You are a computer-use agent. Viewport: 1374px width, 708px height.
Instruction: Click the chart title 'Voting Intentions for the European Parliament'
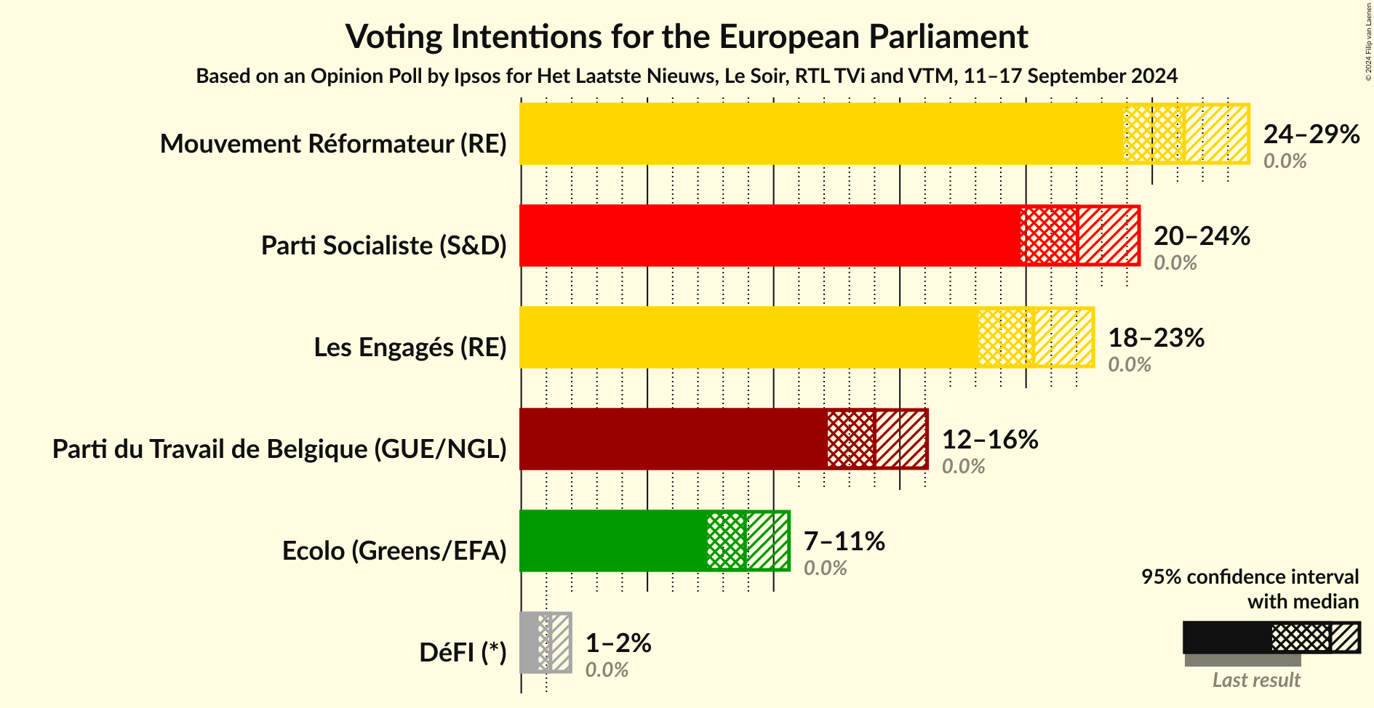click(687, 36)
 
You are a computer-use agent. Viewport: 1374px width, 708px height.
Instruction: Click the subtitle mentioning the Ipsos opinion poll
click(687, 76)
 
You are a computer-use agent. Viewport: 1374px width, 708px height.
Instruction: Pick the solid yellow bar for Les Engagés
click(748, 337)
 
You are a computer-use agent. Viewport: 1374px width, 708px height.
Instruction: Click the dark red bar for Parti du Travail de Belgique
click(673, 439)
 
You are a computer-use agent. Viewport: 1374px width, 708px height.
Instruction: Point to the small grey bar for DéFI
click(529, 643)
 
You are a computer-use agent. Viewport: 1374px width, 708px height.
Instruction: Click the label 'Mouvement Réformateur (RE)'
click(333, 144)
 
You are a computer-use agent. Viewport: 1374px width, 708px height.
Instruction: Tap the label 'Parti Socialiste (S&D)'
click(383, 246)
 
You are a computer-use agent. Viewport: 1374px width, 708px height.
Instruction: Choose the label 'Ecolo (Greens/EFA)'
click(394, 551)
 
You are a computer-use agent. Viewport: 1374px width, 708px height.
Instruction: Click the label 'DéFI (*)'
click(463, 653)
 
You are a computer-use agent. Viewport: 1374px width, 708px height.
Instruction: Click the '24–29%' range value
click(1311, 134)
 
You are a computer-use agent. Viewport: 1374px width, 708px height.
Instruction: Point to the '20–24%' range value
click(1202, 236)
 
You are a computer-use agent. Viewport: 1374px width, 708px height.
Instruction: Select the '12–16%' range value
click(989, 440)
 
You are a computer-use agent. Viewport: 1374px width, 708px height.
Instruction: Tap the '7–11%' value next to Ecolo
click(844, 542)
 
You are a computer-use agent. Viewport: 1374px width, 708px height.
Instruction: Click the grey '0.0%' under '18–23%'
click(1129, 365)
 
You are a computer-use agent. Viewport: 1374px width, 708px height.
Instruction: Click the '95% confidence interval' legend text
click(1249, 577)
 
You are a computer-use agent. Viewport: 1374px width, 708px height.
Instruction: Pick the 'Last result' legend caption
click(1255, 680)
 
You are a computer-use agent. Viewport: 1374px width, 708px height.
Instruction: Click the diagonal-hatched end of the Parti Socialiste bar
click(1108, 236)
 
